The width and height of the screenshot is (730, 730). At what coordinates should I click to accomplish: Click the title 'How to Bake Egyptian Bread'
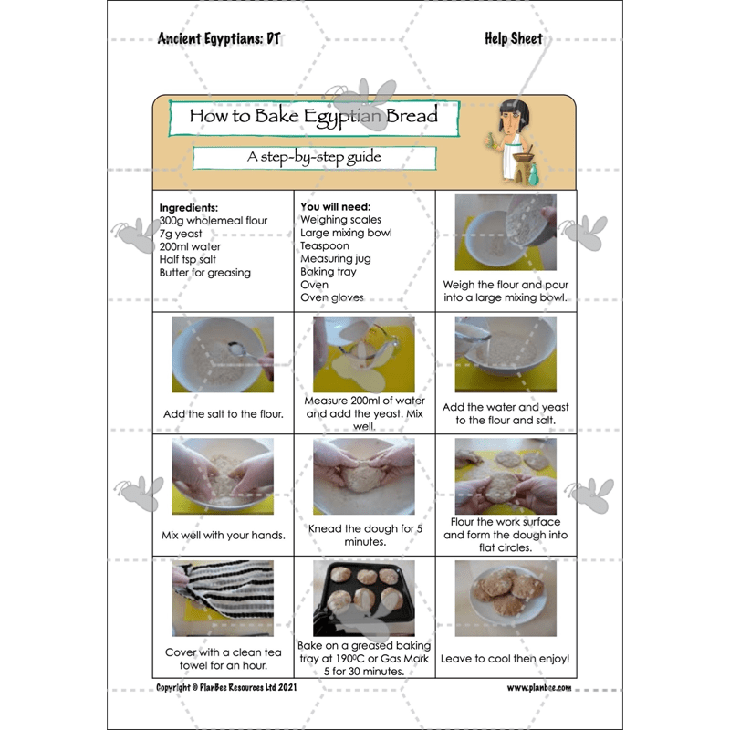coord(314,116)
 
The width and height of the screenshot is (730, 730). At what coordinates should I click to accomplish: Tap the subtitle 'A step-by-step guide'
coord(313,157)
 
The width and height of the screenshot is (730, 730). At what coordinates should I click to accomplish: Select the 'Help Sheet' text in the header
coord(513,39)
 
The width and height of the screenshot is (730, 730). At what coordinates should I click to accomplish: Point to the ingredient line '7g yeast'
coord(181,234)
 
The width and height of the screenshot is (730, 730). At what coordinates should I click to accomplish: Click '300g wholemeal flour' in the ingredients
coord(214,221)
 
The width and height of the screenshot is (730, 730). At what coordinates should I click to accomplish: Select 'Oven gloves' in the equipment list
coord(331,297)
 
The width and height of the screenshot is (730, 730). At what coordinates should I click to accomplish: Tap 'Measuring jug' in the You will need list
coord(336,259)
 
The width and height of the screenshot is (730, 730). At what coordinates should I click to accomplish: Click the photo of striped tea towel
coord(223,599)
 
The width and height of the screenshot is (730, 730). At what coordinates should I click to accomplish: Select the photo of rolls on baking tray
coord(363,599)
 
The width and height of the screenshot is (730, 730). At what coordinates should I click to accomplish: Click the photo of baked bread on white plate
coord(505,599)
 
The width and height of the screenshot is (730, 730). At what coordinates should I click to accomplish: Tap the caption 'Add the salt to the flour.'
coord(223,413)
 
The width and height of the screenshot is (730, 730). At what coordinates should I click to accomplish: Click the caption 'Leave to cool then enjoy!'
coord(505,658)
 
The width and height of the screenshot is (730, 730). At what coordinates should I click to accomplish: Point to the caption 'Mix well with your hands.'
coord(223,535)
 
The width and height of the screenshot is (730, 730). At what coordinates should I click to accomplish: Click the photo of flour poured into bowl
coord(505,233)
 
